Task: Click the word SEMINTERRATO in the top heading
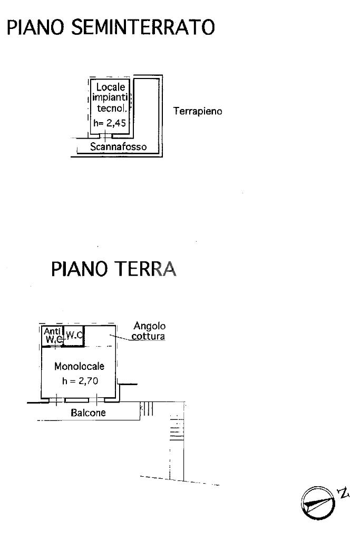(x=143, y=27)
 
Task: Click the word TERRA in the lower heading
(x=145, y=269)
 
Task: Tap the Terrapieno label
(x=198, y=111)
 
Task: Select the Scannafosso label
(x=118, y=146)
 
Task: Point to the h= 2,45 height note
(x=110, y=123)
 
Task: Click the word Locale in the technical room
(x=110, y=87)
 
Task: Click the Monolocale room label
(x=79, y=366)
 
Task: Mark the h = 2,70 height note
(x=80, y=381)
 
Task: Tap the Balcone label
(x=88, y=413)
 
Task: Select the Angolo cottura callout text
(x=149, y=331)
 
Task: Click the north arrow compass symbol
(x=318, y=503)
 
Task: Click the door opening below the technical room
(x=105, y=136)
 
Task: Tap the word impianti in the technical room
(x=110, y=97)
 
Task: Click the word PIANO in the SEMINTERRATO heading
(x=35, y=27)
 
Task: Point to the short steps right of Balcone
(x=147, y=409)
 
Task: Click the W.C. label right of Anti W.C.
(x=74, y=335)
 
